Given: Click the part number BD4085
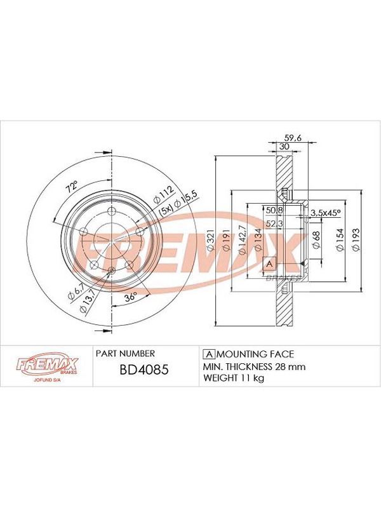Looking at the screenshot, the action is pos(144,370).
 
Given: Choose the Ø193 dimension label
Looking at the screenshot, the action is pos(356,239).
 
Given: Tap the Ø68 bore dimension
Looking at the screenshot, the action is pos(316,239).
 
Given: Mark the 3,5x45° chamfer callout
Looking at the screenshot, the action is pos(325,213).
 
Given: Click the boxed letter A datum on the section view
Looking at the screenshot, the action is pos(269,264).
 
